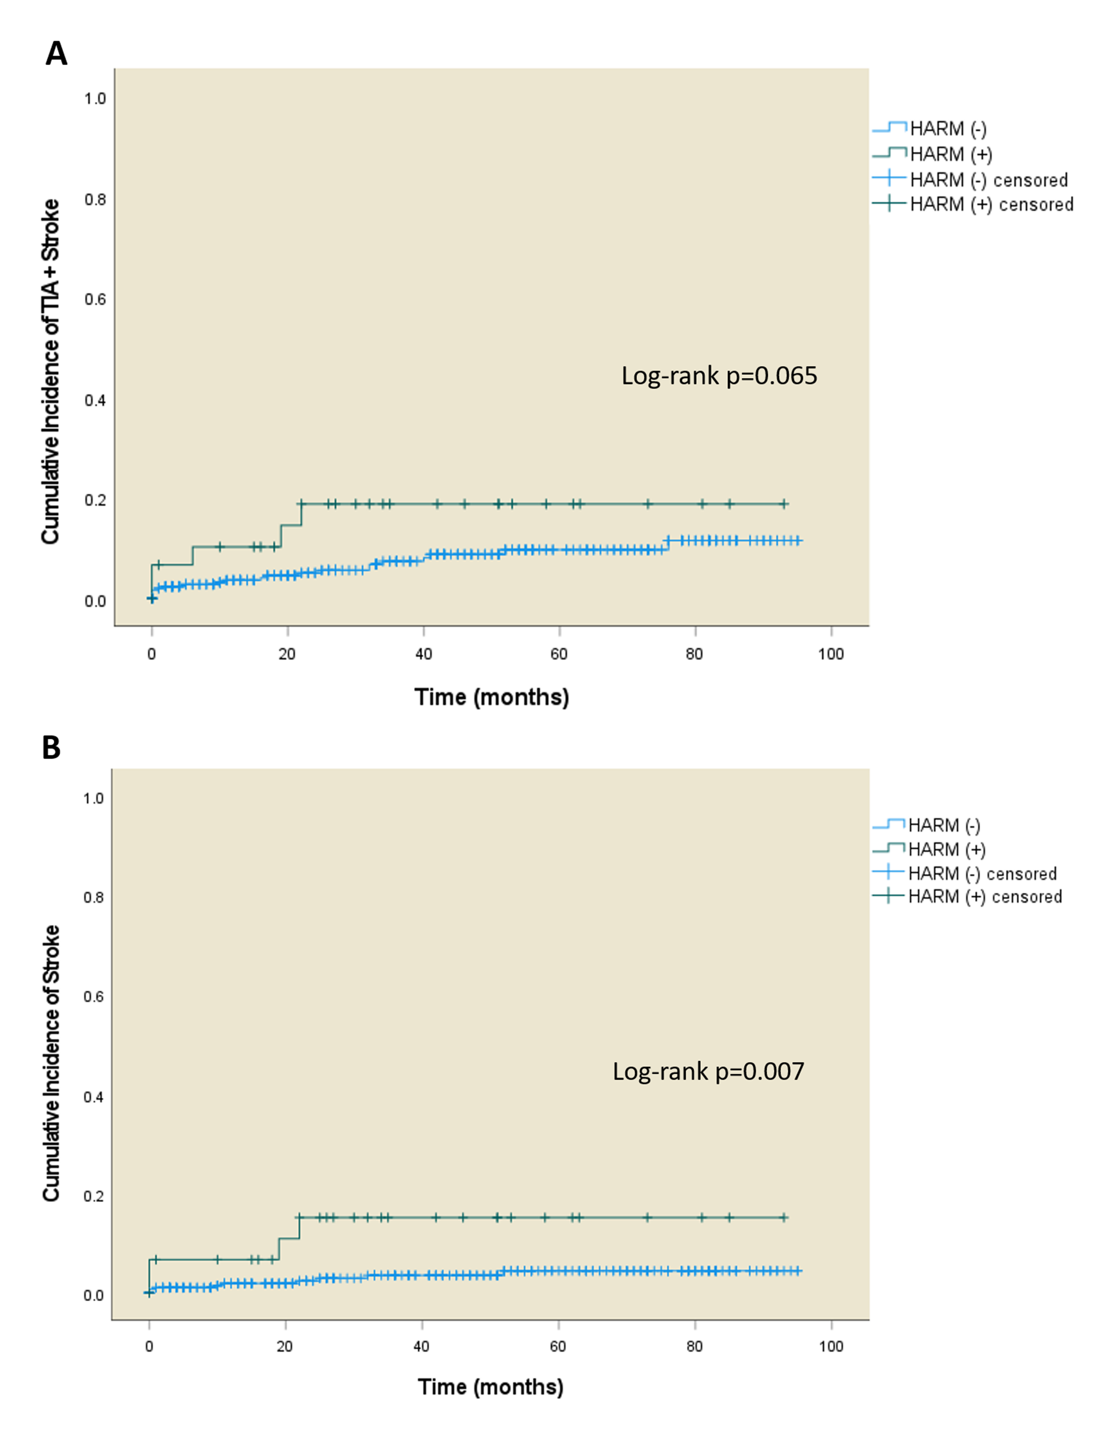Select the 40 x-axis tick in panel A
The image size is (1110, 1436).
424,654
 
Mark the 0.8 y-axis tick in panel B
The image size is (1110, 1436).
93,897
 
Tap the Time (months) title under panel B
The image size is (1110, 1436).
490,1387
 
